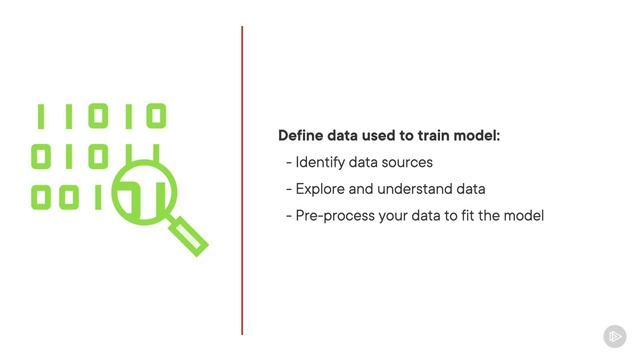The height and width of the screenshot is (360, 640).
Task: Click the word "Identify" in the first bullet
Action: pyautogui.click(x=320, y=162)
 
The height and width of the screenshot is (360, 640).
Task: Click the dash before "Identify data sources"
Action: pyautogui.click(x=288, y=162)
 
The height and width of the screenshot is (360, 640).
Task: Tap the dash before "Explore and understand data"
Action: pyautogui.click(x=288, y=189)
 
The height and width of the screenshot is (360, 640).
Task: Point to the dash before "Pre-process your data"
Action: pyautogui.click(x=288, y=216)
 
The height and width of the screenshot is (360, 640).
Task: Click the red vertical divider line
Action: pyautogui.click(x=242, y=180)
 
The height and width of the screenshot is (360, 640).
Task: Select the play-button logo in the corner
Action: pyautogui.click(x=613, y=336)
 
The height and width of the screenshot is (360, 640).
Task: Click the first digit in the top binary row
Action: pyautogui.click(x=42, y=117)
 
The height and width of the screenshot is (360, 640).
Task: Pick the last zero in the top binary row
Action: pyautogui.click(x=154, y=117)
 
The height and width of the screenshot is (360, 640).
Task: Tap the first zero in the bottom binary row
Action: pyautogui.click(x=42, y=197)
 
